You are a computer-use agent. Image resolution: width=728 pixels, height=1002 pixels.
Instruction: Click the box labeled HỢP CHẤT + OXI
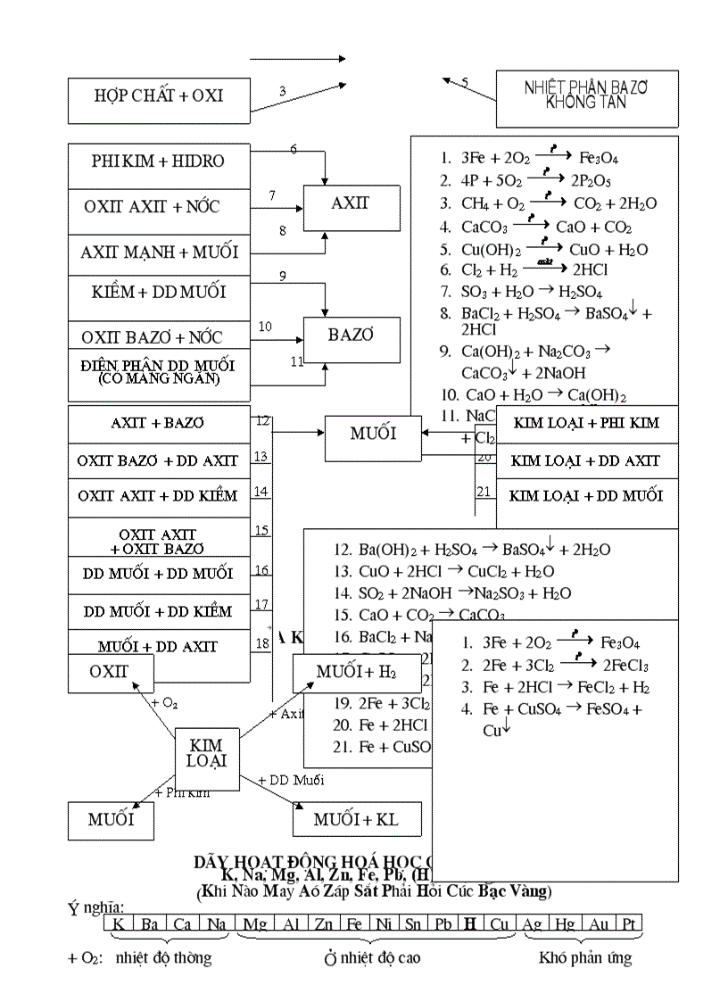[159, 95]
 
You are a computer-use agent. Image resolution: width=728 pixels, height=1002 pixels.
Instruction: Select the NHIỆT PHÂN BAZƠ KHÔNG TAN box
[586, 95]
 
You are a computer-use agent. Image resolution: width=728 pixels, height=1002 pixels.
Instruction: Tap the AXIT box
[350, 204]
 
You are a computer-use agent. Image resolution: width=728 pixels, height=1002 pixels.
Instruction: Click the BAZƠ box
[350, 336]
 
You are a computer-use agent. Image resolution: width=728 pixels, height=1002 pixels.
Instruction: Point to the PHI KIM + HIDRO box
[159, 161]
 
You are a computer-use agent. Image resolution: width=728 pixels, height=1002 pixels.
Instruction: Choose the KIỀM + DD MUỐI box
[159, 293]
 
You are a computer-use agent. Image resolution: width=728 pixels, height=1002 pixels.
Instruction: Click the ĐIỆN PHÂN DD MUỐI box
[159, 370]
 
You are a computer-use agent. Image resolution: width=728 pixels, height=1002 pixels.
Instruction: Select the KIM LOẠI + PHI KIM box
[585, 423]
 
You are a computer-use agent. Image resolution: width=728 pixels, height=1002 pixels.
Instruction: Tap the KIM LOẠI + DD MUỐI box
[585, 495]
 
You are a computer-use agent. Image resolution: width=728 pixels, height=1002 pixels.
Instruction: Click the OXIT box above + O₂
[110, 672]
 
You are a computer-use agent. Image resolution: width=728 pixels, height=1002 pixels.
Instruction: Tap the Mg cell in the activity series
[255, 923]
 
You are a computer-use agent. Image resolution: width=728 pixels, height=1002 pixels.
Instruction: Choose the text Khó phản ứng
[584, 957]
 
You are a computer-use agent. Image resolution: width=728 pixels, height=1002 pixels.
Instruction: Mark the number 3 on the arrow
[282, 91]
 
